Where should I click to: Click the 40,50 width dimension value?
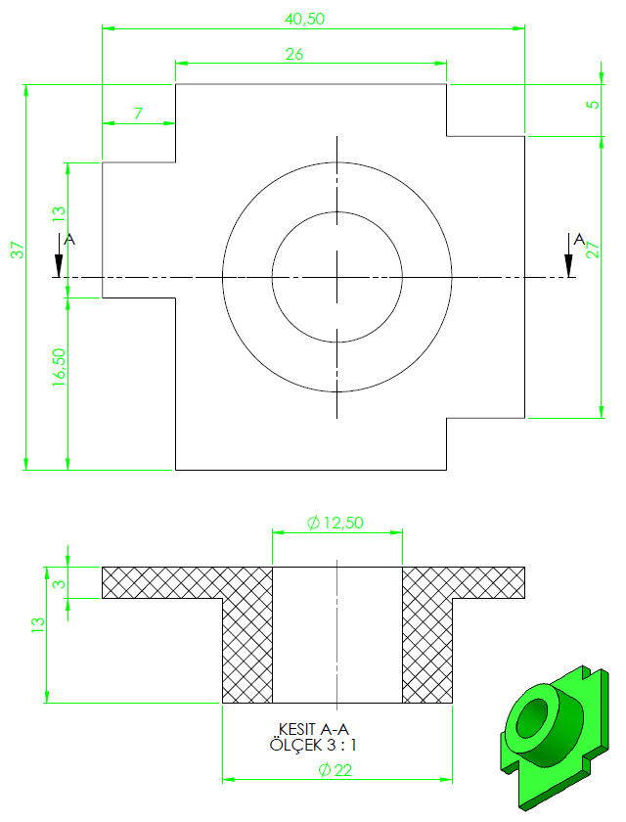point(304,19)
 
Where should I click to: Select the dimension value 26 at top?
point(293,54)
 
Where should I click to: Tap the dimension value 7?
point(138,114)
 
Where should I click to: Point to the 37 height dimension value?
point(18,250)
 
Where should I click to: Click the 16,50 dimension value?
point(59,368)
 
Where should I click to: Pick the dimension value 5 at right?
point(592,104)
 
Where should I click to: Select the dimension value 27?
point(593,250)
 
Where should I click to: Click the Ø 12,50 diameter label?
point(335,523)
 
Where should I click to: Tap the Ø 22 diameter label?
point(335,769)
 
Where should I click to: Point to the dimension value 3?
point(61,583)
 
